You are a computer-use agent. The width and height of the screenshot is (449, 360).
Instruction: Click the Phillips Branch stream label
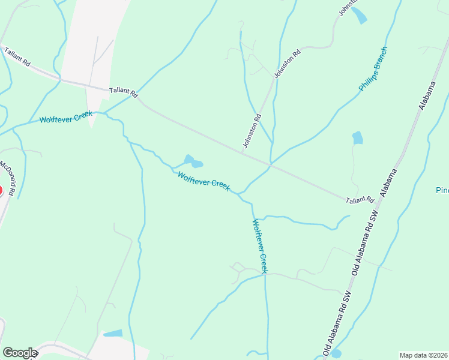coord(373,69)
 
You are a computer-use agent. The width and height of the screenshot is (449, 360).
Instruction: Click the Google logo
coord(19,353)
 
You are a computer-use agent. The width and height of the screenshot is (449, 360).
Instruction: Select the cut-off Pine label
coord(442,190)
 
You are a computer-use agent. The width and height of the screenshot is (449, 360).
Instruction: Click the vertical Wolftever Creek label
coord(260,246)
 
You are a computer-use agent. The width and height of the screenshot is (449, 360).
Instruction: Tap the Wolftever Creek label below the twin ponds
coord(203,181)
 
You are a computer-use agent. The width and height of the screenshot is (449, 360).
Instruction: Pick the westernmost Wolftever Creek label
coord(65,117)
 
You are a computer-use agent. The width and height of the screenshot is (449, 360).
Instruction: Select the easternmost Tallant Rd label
coord(361,200)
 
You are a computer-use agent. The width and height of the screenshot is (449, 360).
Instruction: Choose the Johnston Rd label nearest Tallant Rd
coord(252,131)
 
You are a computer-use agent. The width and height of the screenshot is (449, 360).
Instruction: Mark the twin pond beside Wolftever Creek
coord(193,161)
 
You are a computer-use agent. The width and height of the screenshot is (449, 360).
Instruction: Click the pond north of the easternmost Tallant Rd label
coord(357,138)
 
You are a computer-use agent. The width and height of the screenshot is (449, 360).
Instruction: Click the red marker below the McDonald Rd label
coord(1,191)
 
